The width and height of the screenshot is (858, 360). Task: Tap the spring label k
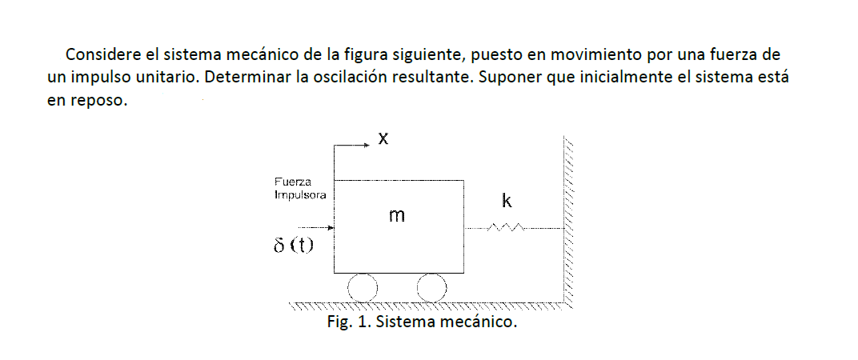click(506, 200)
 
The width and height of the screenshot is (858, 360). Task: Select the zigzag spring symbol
click(506, 229)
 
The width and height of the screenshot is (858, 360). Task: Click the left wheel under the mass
click(362, 288)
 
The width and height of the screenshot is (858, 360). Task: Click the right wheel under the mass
click(431, 288)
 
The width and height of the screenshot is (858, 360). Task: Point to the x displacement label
click(383, 139)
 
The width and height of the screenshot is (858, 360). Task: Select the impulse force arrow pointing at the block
click(316, 228)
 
